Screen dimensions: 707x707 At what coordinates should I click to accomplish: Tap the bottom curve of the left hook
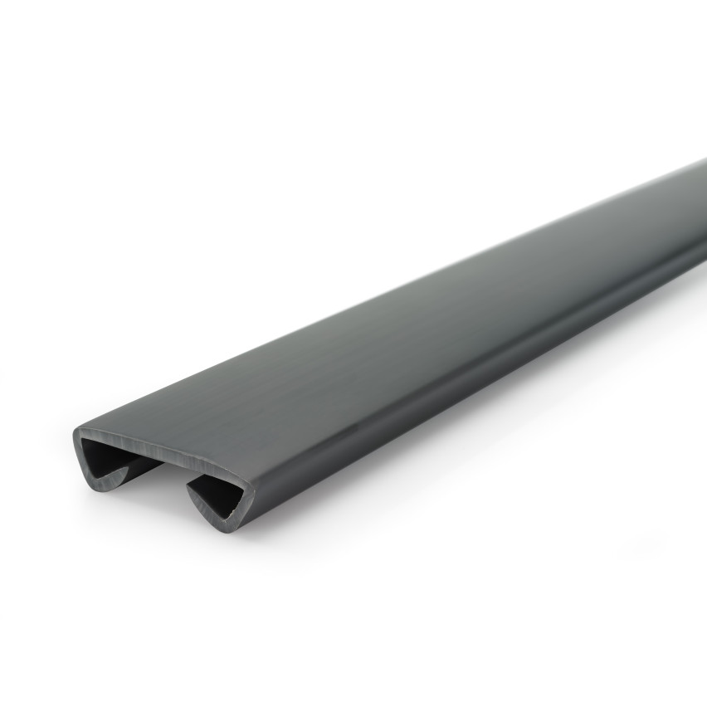(x=104, y=485)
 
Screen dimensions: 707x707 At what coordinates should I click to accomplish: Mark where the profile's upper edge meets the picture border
(x=705, y=160)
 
